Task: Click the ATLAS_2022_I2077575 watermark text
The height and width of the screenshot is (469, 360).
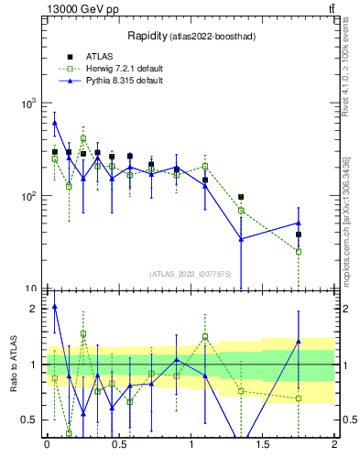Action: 190,273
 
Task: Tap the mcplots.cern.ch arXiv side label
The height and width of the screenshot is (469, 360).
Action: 345,221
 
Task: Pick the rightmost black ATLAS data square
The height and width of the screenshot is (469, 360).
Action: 299,234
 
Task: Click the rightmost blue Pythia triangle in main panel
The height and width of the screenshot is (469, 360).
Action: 299,223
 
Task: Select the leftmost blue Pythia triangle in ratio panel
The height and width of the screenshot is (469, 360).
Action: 55,307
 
